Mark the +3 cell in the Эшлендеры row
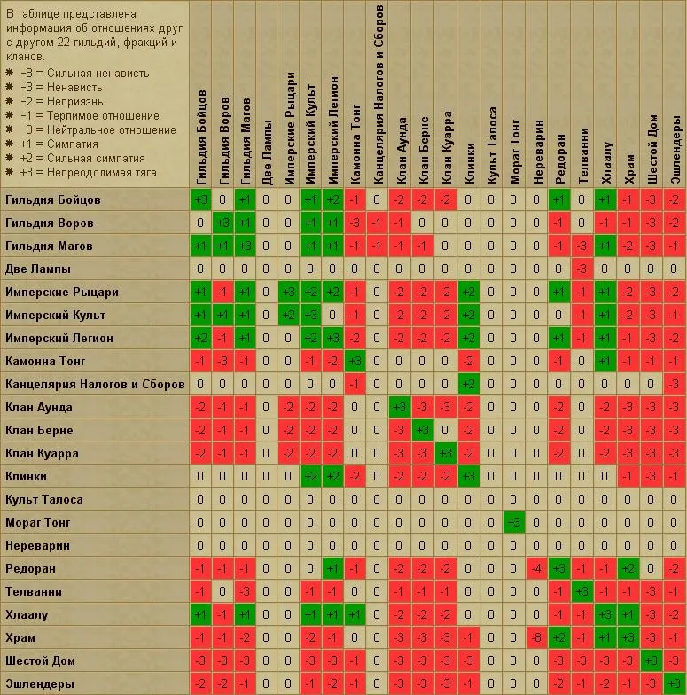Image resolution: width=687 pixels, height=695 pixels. (674, 683)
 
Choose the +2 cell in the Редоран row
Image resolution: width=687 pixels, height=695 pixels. (628, 568)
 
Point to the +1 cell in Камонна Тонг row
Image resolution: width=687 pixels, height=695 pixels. (605, 361)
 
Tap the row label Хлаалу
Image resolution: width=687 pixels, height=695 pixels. (28, 614)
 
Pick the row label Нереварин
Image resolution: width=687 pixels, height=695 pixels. (37, 545)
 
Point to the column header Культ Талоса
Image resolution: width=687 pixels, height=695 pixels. (491, 133)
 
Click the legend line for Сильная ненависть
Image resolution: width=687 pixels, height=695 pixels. (85, 74)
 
